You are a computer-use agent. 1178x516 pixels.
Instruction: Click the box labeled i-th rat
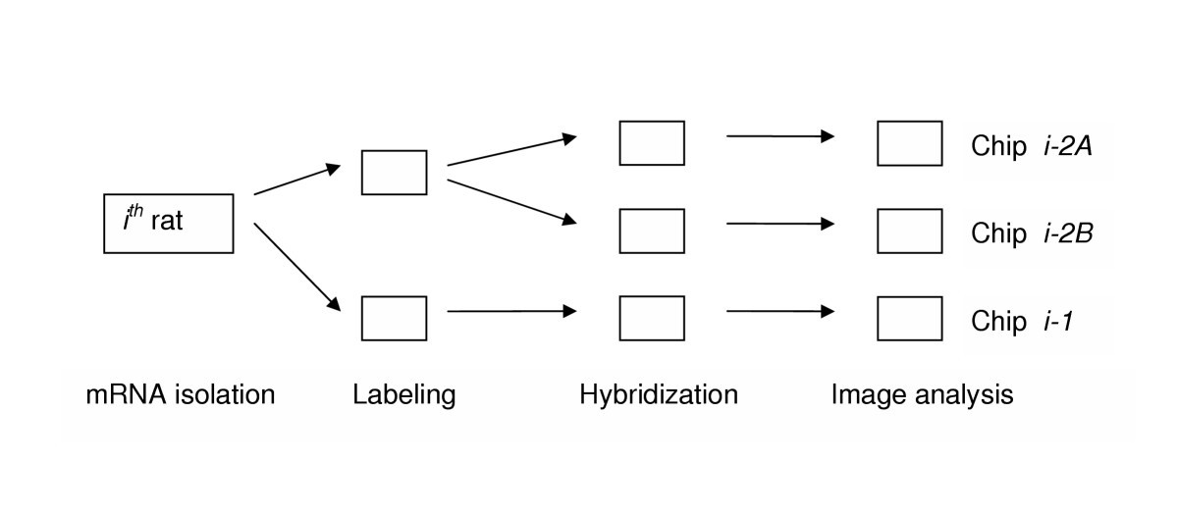[168, 225]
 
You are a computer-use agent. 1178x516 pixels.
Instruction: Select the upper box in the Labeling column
[394, 173]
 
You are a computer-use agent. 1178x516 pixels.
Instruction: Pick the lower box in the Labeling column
[394, 318]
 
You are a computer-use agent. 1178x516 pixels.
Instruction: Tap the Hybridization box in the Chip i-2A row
[652, 143]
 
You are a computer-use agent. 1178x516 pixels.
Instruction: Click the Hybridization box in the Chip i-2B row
[652, 232]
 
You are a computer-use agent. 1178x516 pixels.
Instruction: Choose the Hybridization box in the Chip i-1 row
[652, 318]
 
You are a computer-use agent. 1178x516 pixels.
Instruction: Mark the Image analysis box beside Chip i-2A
[909, 143]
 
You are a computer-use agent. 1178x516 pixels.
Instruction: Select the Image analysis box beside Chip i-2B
[909, 232]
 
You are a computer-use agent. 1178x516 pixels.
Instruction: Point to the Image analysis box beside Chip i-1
[909, 318]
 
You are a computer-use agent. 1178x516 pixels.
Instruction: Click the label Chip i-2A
[1020, 147]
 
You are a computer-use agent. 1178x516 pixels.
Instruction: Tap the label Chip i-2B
[1020, 234]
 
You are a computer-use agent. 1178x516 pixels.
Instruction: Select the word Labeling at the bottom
[403, 395]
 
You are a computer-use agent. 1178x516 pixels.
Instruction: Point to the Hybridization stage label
[659, 395]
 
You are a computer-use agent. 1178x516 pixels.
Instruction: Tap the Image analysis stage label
[922, 395]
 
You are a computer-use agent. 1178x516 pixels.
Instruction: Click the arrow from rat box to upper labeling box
[296, 181]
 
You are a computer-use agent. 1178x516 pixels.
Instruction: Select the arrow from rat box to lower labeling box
[296, 267]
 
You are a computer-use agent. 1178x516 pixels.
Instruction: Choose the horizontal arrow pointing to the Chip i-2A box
[780, 136]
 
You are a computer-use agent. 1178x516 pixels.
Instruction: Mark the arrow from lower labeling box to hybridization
[510, 312]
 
